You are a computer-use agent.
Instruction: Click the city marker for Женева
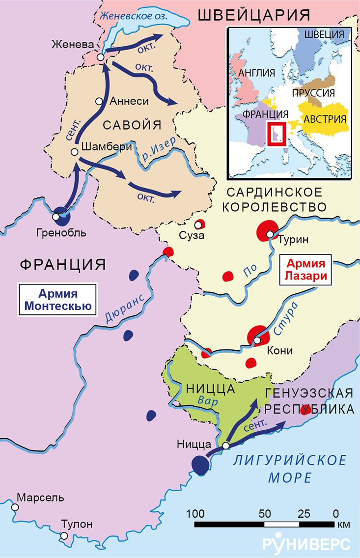coord(101,57)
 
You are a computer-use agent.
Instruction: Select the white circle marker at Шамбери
coord(74,152)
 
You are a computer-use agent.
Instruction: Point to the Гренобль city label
coord(61,232)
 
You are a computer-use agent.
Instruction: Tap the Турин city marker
coord(270,235)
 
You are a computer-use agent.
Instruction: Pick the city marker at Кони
coord(257,340)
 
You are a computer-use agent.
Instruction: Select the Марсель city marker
coord(15,507)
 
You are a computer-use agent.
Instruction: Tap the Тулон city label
coord(76,524)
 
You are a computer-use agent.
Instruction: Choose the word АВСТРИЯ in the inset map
coord(325,119)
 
